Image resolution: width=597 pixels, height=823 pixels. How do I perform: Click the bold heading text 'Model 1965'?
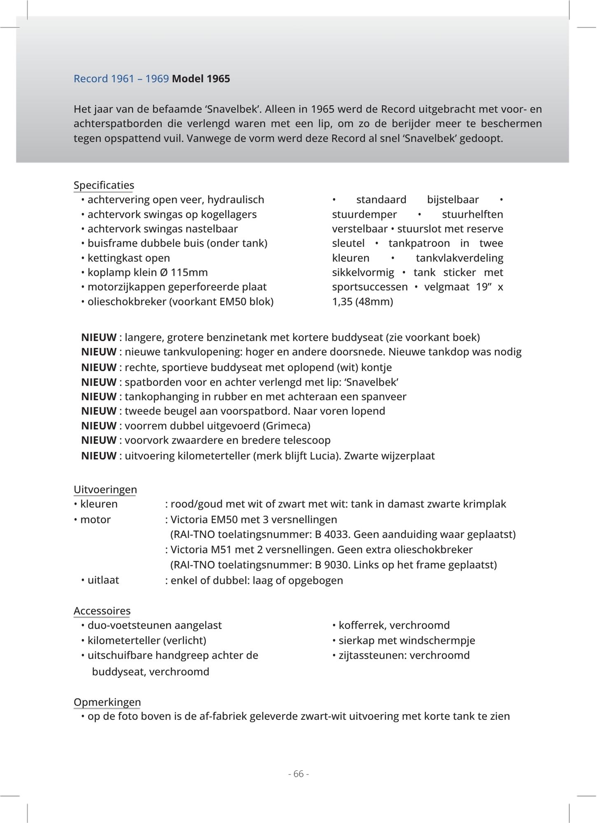pyautogui.click(x=201, y=79)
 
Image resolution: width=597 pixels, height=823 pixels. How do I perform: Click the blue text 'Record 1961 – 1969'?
pyautogui.click(x=121, y=79)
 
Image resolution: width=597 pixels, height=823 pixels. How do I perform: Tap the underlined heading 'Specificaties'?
pyautogui.click(x=104, y=185)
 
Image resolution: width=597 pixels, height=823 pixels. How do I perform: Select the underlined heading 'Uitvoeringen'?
pyautogui.click(x=105, y=489)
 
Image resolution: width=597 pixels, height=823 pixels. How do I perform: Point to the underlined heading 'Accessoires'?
pyautogui.click(x=102, y=611)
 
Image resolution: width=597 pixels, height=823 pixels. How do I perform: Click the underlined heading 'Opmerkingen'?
pyautogui.click(x=107, y=702)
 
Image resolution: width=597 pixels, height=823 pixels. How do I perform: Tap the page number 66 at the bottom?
pyautogui.click(x=298, y=774)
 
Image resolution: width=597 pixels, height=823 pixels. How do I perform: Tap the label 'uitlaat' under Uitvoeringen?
pyautogui.click(x=103, y=580)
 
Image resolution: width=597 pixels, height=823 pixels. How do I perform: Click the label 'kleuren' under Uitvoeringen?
pyautogui.click(x=99, y=504)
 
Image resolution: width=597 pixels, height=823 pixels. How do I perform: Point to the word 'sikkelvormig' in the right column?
pyautogui.click(x=363, y=272)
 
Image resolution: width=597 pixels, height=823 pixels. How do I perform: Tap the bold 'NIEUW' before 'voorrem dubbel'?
pyautogui.click(x=99, y=425)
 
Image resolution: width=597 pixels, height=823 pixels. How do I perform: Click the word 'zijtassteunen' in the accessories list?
pyautogui.click(x=371, y=655)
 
